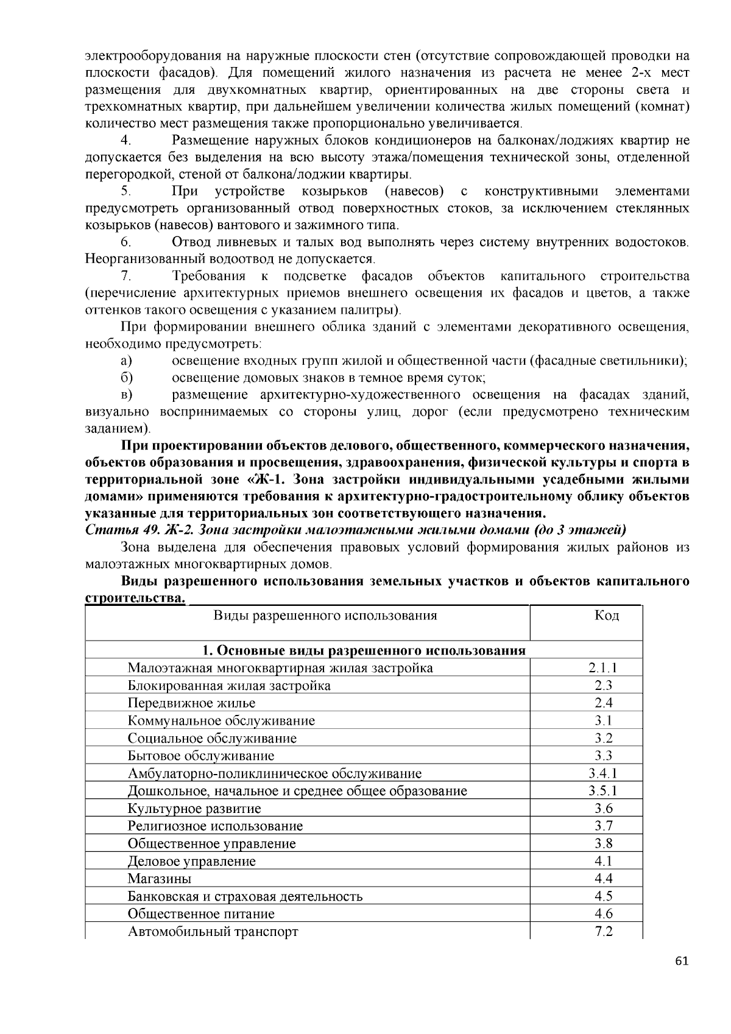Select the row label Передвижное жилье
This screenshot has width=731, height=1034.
point(191,703)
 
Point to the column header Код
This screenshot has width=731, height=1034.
point(607,615)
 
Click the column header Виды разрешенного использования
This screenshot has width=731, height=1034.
point(325,615)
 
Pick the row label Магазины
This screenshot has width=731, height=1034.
point(160,879)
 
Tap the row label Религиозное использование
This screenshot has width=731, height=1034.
point(215,826)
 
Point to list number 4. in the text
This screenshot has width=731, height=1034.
point(127,141)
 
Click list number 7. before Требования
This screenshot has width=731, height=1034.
point(127,276)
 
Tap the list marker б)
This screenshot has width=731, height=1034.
point(127,378)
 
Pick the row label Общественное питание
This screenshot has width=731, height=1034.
point(201,914)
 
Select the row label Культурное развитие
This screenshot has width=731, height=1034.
point(194,809)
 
